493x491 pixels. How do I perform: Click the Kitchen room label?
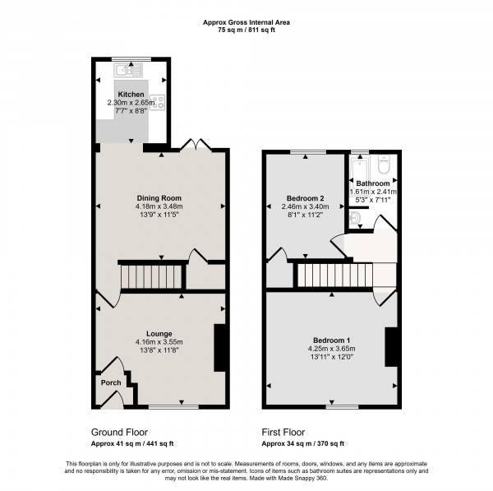[131, 94]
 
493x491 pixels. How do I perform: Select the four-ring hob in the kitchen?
[157, 104]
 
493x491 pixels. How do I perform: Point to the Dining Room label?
[159, 198]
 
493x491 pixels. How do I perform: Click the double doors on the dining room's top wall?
[195, 146]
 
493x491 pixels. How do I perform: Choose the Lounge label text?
[159, 332]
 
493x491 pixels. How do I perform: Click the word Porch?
[110, 382]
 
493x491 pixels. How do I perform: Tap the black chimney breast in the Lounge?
[220, 348]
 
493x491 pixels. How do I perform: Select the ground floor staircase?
[149, 276]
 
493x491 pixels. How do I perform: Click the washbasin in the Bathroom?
[354, 218]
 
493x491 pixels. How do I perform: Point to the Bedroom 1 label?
[331, 340]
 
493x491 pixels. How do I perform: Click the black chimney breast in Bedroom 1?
[391, 345]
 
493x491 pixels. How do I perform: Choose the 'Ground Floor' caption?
[119, 431]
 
